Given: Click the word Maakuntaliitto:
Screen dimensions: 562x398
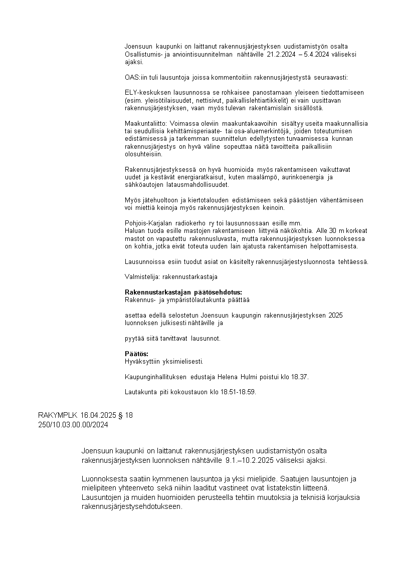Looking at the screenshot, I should [147, 123].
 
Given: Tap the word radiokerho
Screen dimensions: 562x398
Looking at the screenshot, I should [192, 223].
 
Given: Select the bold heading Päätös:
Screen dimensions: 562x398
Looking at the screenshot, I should [136, 354].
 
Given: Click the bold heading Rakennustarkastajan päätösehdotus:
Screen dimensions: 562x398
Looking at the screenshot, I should [183, 292].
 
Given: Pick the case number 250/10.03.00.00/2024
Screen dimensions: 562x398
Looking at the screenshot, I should [73, 425].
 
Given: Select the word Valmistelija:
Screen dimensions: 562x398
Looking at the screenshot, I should [142, 276].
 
